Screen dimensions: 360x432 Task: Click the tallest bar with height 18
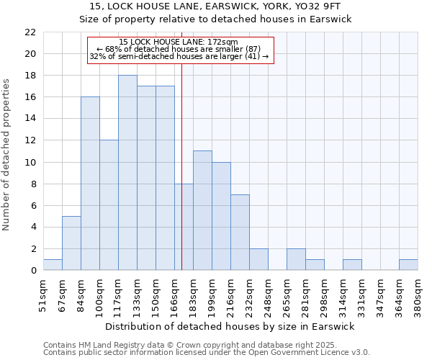127,173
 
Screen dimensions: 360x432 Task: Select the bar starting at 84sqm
90,184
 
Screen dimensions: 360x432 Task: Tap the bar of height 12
109,205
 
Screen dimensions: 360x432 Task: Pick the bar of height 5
71,243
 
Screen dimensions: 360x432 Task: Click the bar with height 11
202,210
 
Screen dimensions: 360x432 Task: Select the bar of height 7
240,232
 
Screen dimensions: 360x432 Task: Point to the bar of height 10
221,216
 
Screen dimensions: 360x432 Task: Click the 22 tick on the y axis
30,32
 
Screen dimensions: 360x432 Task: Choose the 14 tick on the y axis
30,119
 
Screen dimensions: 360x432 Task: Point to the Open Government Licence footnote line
206,352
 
